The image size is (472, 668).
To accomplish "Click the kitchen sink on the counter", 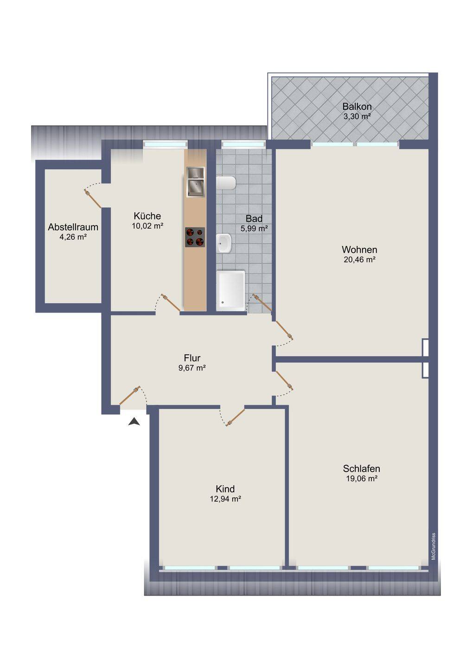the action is click(x=196, y=182).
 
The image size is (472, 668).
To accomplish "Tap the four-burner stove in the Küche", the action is click(x=195, y=238).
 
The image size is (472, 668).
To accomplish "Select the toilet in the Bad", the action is click(x=226, y=183).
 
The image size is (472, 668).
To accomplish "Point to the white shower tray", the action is click(x=230, y=291).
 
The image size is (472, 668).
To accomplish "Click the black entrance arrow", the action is click(x=134, y=422).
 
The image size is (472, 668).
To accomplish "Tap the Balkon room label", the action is click(x=357, y=107).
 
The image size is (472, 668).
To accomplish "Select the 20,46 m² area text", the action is click(x=359, y=259).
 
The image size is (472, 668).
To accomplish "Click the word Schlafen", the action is click(x=362, y=469).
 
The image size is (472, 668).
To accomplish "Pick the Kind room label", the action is click(x=225, y=489).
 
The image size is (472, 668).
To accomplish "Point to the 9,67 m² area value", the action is click(x=192, y=368).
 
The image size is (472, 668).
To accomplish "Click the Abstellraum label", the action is click(x=73, y=227).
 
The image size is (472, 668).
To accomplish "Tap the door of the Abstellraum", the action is click(x=93, y=199).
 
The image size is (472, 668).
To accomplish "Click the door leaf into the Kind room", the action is click(x=236, y=417).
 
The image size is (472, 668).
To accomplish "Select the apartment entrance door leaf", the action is click(x=130, y=395).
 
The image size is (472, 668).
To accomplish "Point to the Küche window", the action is click(x=165, y=144).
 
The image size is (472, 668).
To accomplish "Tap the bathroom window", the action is click(x=243, y=144).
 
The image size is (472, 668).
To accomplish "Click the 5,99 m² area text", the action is click(x=254, y=229).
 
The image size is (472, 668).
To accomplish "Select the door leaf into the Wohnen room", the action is click(x=284, y=330).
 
